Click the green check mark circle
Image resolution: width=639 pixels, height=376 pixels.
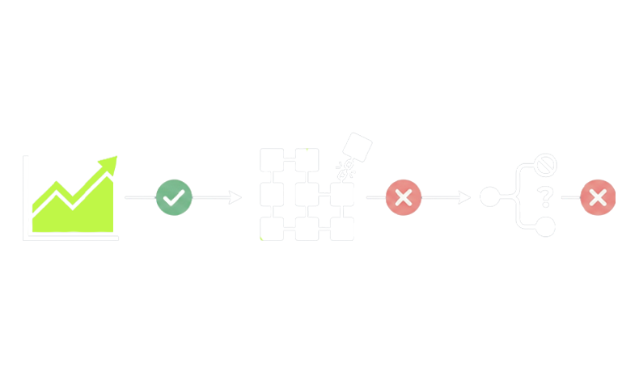tap(174, 196)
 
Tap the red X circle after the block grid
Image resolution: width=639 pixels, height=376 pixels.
tap(404, 196)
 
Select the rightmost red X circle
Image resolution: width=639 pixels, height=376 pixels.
tap(598, 196)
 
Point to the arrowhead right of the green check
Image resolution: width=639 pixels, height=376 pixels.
tap(237, 196)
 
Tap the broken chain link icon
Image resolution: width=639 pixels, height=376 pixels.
tap(343, 169)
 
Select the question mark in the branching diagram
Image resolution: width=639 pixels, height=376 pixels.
tap(546, 196)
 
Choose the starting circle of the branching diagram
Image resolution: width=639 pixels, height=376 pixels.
tap(490, 196)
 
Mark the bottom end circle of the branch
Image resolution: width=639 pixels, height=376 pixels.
tap(546, 226)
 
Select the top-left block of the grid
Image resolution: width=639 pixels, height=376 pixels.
tap(272, 159)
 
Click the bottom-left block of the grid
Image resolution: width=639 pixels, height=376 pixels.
tap(272, 229)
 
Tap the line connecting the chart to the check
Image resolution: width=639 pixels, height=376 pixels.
tap(138, 196)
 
